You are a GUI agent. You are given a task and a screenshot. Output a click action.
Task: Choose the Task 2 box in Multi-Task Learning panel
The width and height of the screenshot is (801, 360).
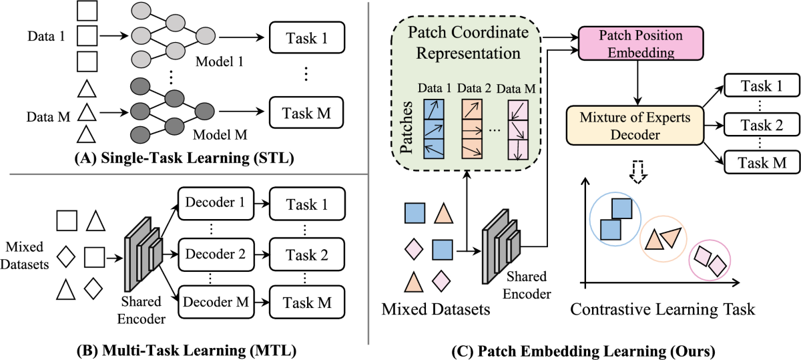pyautogui.click(x=306, y=254)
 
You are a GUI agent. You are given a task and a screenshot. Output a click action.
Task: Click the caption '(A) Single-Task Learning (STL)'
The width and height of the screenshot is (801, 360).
pyautogui.click(x=184, y=160)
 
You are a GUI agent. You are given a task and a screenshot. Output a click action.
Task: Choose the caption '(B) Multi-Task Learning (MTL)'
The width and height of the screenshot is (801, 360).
pyautogui.click(x=184, y=349)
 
